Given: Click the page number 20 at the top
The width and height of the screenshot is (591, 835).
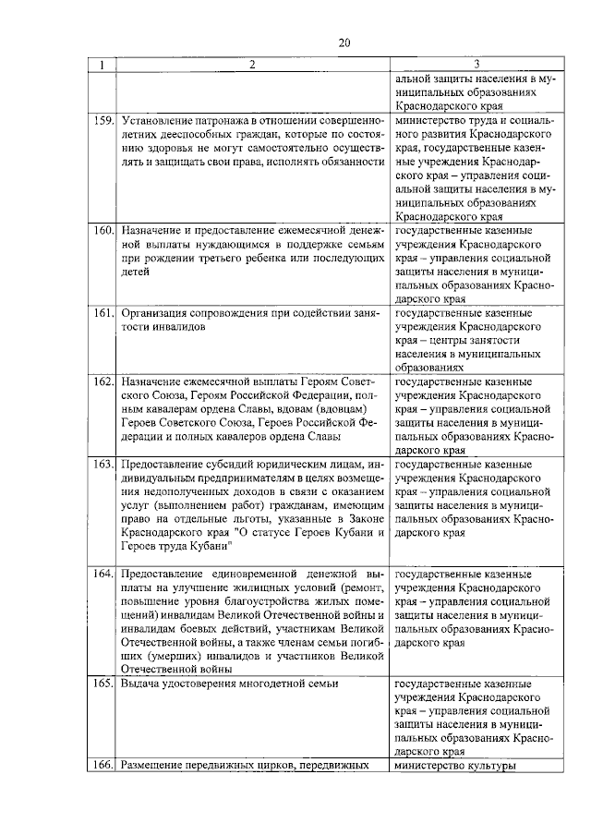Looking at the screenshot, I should coord(344,42).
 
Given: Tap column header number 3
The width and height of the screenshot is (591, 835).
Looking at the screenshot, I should coord(476,65).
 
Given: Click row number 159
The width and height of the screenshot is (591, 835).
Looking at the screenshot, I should coord(103,121).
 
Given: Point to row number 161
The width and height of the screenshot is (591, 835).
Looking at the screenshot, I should coord(103,314).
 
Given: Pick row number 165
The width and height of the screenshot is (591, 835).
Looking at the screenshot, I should coord(103,684).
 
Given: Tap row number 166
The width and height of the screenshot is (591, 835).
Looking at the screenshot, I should coord(103,765).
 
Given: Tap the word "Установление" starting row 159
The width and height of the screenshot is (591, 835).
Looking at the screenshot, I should coord(159,121).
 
